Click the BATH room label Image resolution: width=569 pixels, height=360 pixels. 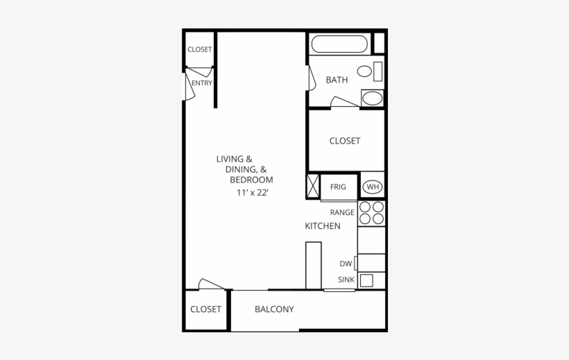point(337,80)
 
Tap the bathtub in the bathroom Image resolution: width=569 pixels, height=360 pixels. point(339,44)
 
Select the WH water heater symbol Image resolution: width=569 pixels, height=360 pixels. point(373,187)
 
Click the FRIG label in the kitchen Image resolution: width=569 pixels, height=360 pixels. point(338,187)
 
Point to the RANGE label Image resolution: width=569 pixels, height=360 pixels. point(342,212)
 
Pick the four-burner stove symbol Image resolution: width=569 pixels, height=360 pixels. point(371,213)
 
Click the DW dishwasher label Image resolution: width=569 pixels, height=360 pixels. point(346,264)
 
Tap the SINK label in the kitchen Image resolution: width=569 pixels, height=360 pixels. point(346,280)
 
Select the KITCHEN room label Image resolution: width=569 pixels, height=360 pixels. point(323,226)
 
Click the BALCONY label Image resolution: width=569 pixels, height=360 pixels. point(274,309)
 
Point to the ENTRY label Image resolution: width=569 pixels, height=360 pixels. point(202,83)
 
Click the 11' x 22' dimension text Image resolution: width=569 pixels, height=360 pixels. point(252,192)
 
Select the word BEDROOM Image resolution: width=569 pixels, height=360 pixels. point(251,180)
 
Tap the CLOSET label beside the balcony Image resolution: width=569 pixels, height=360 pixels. point(205,309)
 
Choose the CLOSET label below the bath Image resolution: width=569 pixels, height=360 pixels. point(345,141)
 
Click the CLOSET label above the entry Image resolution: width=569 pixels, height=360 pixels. point(200,50)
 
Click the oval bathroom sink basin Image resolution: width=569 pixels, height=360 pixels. point(372,97)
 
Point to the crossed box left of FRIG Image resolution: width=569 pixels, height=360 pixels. point(312,186)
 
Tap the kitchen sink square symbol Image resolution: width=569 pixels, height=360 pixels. point(366,280)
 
